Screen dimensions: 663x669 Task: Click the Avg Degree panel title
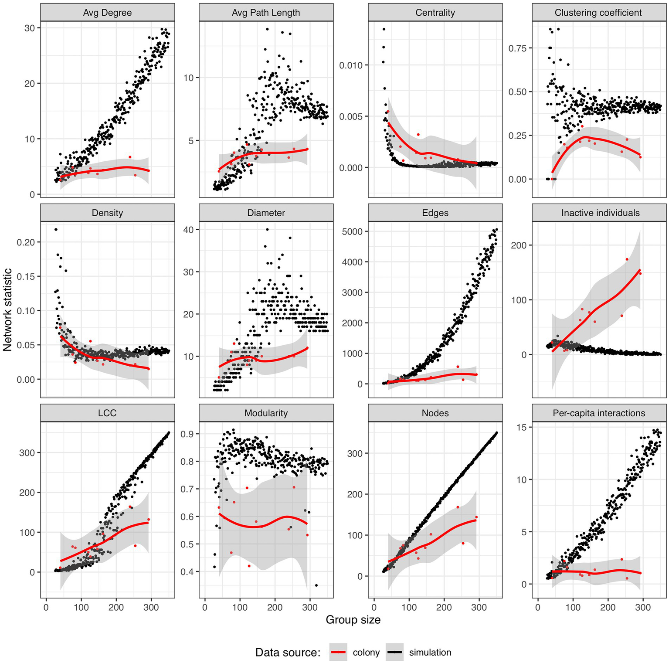pyautogui.click(x=107, y=13)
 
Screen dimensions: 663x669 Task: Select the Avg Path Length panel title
pyautogui.click(x=266, y=13)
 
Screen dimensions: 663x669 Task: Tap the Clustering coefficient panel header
pyautogui.click(x=598, y=13)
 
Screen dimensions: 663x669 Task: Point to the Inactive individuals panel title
pyautogui.click(x=600, y=213)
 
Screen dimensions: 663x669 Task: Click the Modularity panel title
pyautogui.click(x=266, y=413)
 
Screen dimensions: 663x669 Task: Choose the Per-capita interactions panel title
pyautogui.click(x=599, y=413)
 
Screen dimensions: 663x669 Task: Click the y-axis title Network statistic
pyautogui.click(x=7, y=310)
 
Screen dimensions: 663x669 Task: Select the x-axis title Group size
pyautogui.click(x=353, y=620)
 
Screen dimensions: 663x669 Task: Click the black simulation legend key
pyautogui.click(x=395, y=652)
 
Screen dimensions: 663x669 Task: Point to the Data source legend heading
pyautogui.click(x=288, y=653)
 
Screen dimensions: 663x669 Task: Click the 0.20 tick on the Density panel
pyautogui.click(x=26, y=242)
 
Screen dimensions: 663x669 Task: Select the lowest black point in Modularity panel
pyautogui.click(x=316, y=585)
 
